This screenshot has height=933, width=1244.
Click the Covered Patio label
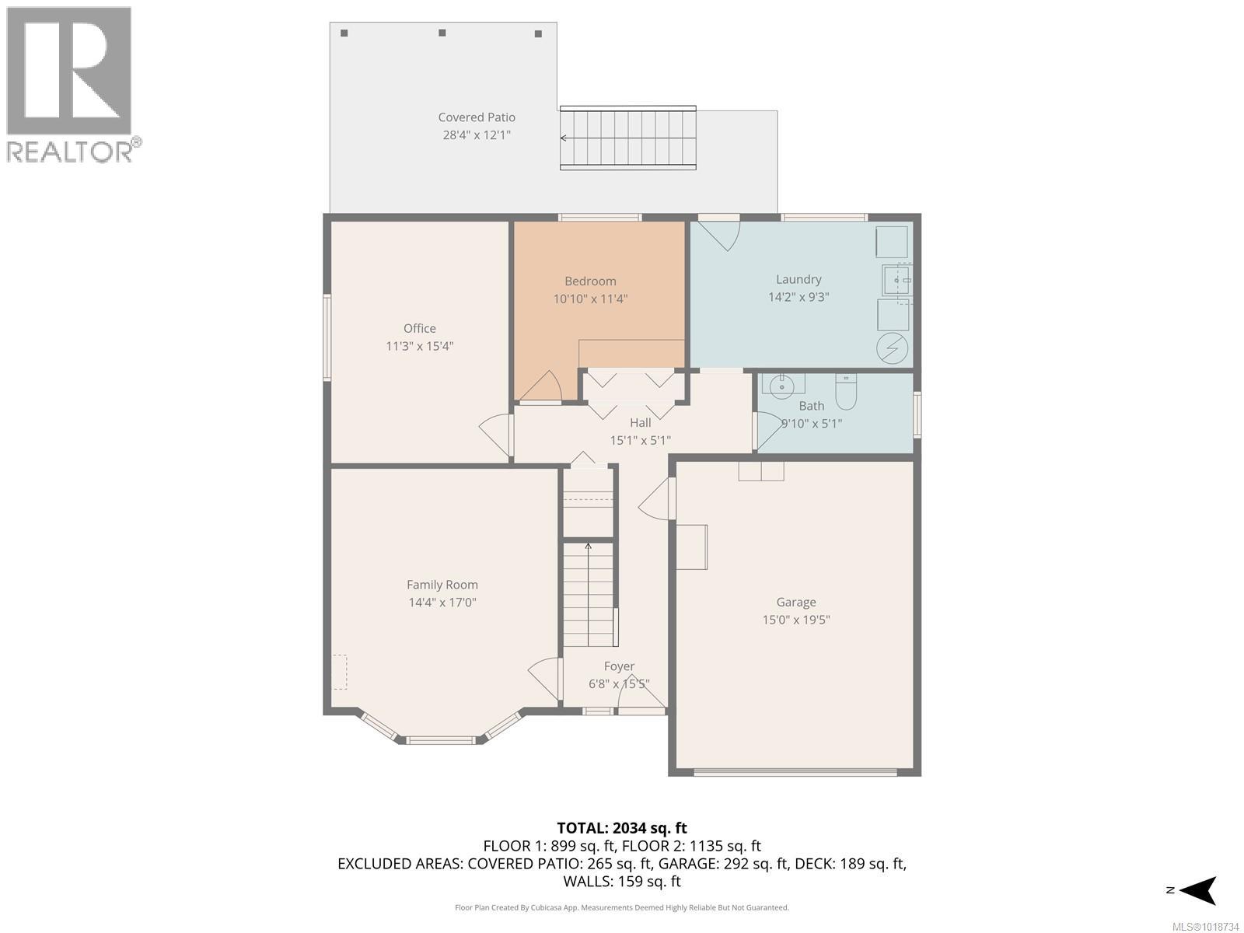[476, 117]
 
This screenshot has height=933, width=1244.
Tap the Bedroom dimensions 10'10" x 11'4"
[590, 299]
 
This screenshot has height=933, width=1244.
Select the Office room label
[419, 328]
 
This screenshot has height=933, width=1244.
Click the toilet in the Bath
[845, 391]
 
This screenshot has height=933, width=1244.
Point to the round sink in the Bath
[781, 385]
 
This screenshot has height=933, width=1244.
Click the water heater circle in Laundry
[892, 348]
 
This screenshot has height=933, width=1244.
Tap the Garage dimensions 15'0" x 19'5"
[795, 620]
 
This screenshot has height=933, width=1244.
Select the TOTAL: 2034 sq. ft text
[621, 828]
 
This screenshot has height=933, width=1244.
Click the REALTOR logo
[70, 84]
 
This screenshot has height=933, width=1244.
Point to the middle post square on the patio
[442, 33]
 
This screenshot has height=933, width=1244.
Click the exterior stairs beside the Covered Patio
[627, 138]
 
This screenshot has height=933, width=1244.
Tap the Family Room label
[442, 585]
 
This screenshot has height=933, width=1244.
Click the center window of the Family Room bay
[441, 740]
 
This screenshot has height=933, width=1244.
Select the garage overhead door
[795, 772]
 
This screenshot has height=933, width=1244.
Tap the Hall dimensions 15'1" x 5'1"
[640, 440]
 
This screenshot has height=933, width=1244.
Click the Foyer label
[619, 666]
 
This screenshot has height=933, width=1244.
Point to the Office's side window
[327, 337]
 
